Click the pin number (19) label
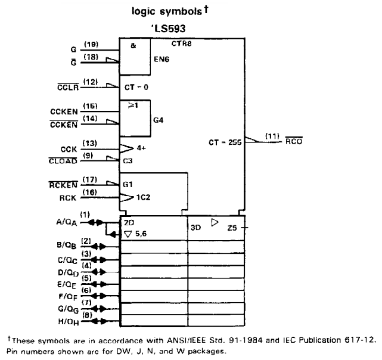(x=91, y=44)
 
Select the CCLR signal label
(x=68, y=87)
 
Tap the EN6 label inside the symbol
(x=162, y=59)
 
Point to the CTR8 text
(x=182, y=44)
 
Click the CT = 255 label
(x=225, y=142)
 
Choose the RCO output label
(x=294, y=141)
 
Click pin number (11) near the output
(x=272, y=136)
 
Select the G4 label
(x=159, y=120)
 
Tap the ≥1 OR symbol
(x=133, y=105)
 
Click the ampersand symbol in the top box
(x=133, y=45)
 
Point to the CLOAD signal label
(x=63, y=161)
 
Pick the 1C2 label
(x=143, y=197)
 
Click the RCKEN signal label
(x=63, y=185)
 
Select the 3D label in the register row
(x=195, y=228)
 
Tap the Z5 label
(x=232, y=228)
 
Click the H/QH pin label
(x=69, y=322)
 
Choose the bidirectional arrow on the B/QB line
(x=99, y=246)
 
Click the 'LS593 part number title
(x=169, y=29)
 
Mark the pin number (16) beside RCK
(x=89, y=193)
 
